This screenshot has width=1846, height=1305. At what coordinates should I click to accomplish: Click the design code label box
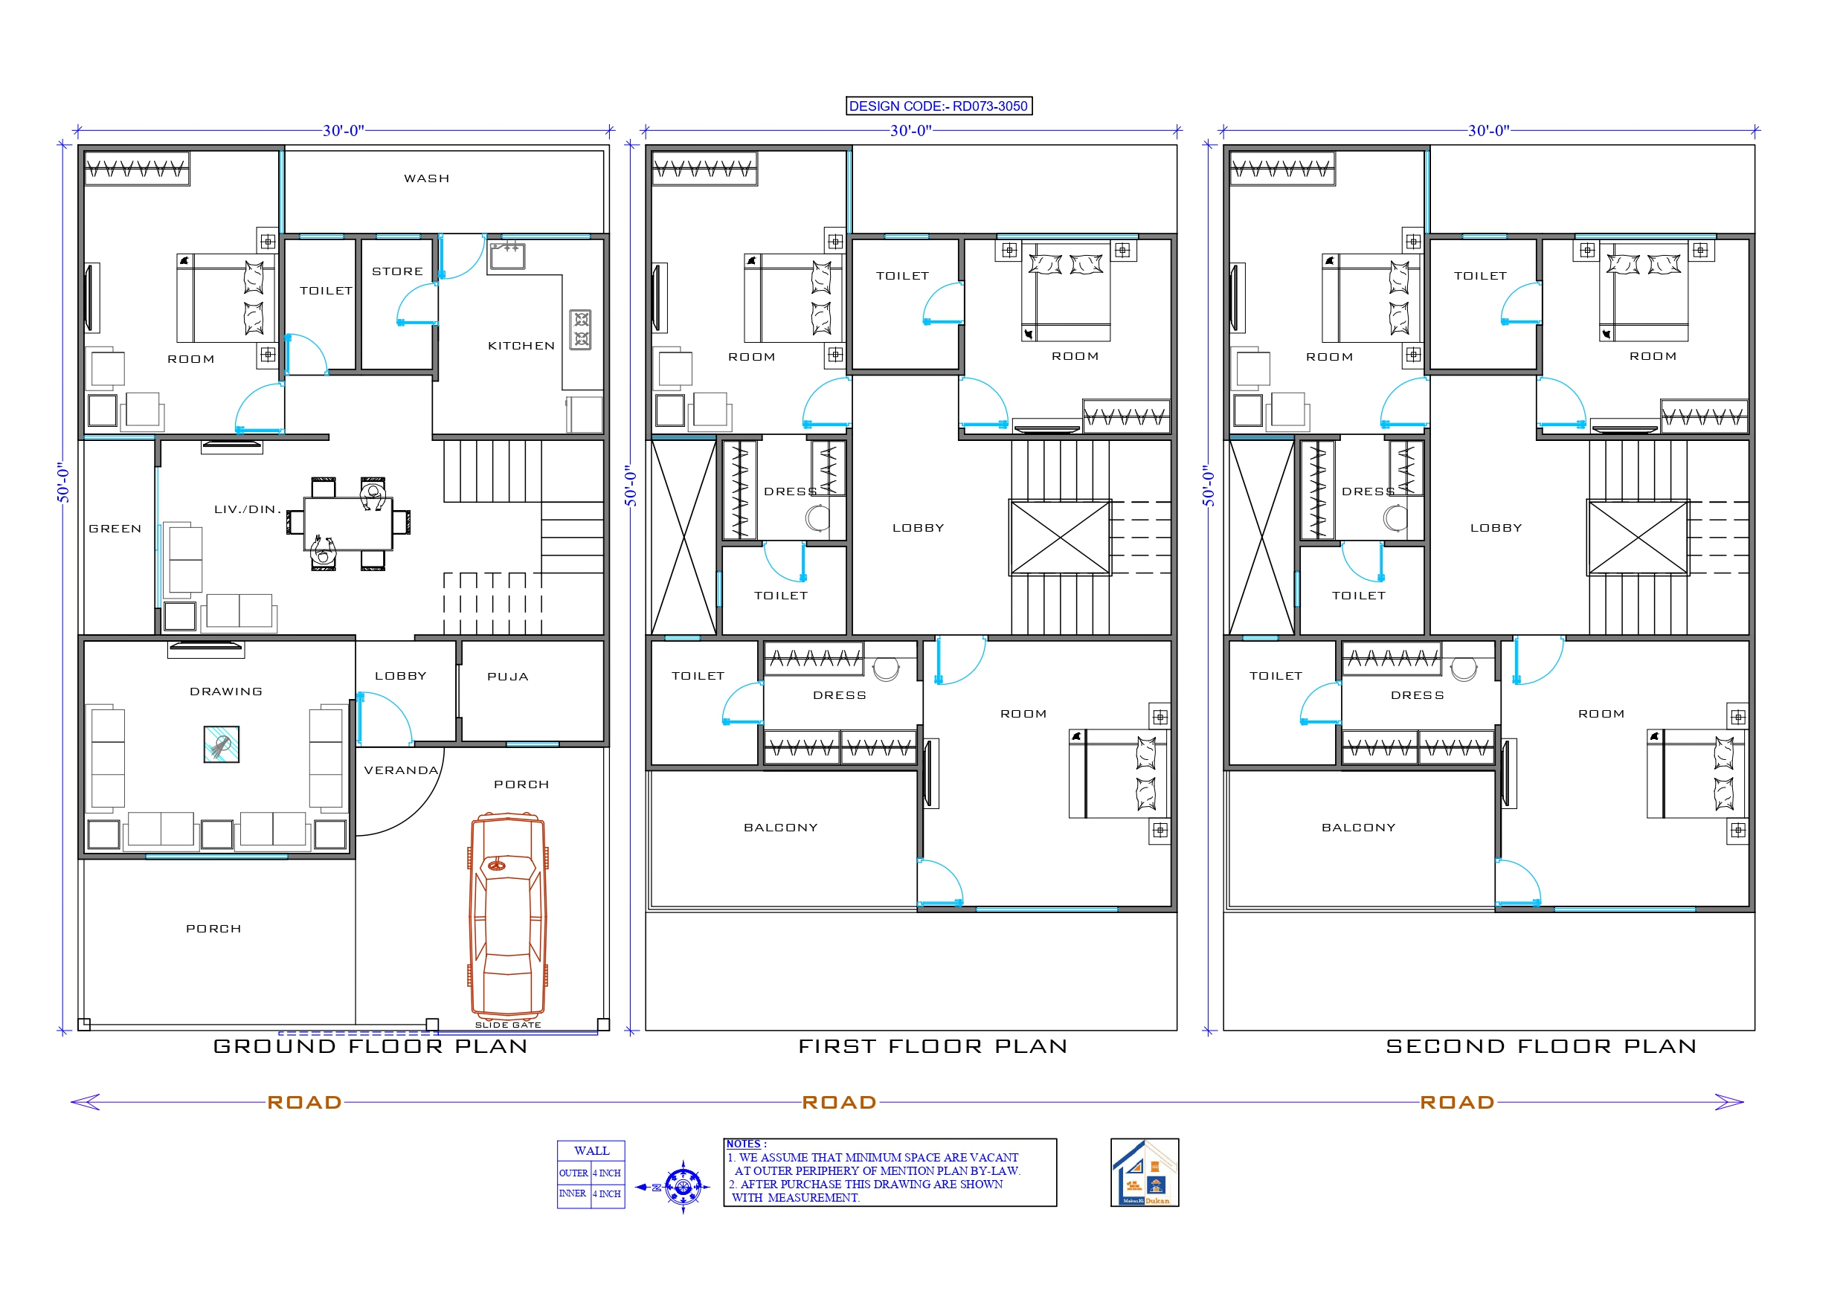pyautogui.click(x=939, y=106)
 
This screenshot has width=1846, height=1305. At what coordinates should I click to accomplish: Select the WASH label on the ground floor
pyautogui.click(x=426, y=178)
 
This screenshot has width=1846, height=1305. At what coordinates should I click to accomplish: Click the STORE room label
pyautogui.click(x=397, y=271)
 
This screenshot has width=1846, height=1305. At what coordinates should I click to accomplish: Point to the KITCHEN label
pyautogui.click(x=521, y=346)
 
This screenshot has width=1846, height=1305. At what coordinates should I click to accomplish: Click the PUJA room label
pyautogui.click(x=507, y=677)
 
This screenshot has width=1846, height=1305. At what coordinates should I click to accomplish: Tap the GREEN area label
pyautogui.click(x=115, y=529)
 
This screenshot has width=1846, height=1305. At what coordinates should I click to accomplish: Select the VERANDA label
pyautogui.click(x=400, y=770)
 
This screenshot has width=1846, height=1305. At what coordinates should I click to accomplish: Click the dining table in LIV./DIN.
pyautogui.click(x=348, y=523)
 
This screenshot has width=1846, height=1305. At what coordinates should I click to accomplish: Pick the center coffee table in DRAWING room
pyautogui.click(x=221, y=744)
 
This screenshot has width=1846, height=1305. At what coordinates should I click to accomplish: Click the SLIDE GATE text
pyautogui.click(x=507, y=1025)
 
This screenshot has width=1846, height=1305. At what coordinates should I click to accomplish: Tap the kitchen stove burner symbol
pyautogui.click(x=580, y=329)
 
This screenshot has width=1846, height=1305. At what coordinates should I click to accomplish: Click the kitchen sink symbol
pyautogui.click(x=507, y=256)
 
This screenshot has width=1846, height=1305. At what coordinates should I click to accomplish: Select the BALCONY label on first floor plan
pyautogui.click(x=780, y=828)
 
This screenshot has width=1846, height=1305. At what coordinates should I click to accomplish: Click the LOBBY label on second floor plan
pyautogui.click(x=1496, y=528)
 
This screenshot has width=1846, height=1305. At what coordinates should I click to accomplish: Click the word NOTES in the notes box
pyautogui.click(x=744, y=1144)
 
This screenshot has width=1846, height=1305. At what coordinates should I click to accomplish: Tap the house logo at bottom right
pyautogui.click(x=1144, y=1173)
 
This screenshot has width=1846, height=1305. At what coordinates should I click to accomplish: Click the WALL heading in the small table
pyautogui.click(x=591, y=1150)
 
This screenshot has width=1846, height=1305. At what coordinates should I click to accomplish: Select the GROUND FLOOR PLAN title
pyautogui.click(x=370, y=1046)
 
